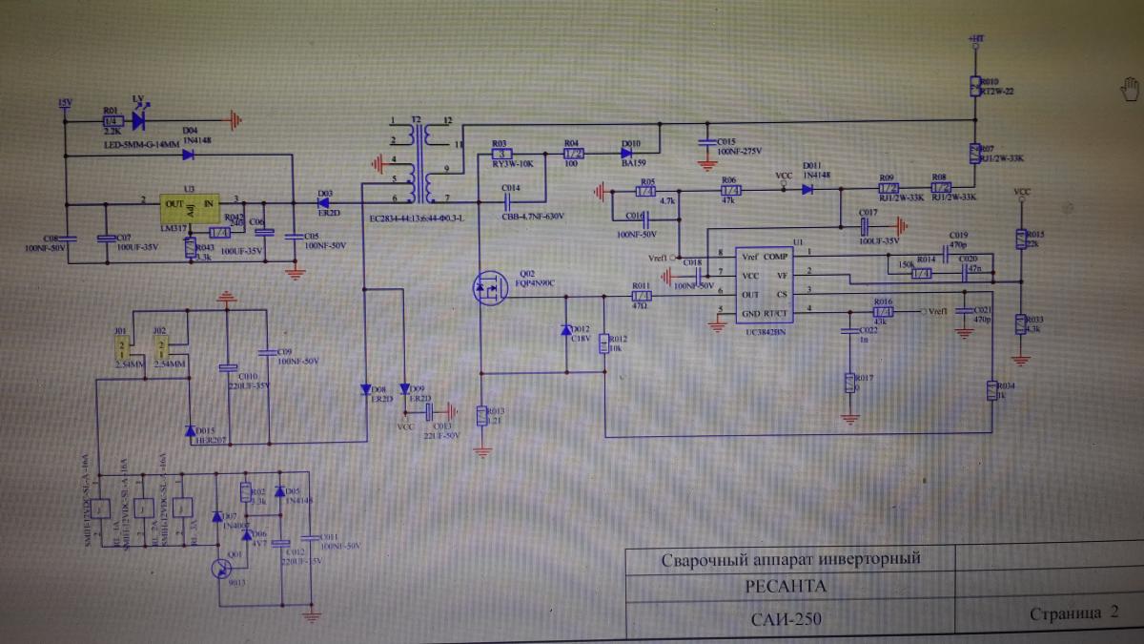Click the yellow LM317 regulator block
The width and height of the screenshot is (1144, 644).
pos(191,208)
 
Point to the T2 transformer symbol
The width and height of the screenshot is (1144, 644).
pos(417,162)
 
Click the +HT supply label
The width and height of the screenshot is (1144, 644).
pos(973,39)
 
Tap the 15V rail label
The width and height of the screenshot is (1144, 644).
pos(64,102)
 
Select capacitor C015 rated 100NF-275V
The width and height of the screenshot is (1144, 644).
pos(705,142)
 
